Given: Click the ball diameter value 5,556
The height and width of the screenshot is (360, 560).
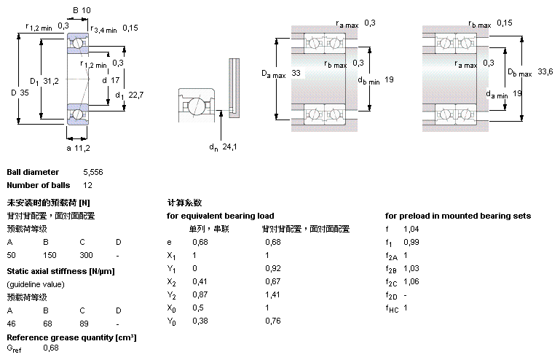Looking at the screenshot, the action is pos(93,172).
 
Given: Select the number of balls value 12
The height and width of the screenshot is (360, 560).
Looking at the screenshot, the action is pos(87,186).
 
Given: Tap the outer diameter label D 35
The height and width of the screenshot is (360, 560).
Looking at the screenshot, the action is pos(20,93).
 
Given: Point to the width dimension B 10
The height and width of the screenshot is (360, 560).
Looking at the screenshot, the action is pos(82,10).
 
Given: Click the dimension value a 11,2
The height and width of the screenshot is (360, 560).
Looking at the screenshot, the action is pos(78,148).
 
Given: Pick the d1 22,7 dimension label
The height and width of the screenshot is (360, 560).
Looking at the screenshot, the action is pos(130,95).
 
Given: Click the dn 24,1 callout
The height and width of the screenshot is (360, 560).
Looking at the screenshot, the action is pos(223,147).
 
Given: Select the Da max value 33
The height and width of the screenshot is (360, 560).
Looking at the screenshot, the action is pos(296,74).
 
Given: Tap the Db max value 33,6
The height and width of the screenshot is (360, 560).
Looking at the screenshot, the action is pos(545,72).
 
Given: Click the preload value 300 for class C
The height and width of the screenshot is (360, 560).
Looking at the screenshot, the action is pos(86,255).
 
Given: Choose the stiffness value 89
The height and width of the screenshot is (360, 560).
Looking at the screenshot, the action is pos(84,324).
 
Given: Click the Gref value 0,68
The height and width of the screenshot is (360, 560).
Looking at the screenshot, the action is pos(51,348).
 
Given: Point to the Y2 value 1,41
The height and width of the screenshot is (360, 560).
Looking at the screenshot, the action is pos(272,295).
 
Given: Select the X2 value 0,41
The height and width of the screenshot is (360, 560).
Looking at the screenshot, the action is pos(200,282).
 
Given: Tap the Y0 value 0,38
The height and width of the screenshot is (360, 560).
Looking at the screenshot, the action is pos(200,321).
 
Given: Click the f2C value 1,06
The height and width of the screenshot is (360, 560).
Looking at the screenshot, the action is pos(411,282).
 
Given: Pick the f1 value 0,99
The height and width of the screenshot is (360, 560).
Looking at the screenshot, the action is pos(411,243).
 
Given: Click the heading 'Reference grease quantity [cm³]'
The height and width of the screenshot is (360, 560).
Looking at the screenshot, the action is pos(71,338).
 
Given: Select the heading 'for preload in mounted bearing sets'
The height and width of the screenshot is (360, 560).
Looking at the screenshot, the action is pos(458,216).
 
